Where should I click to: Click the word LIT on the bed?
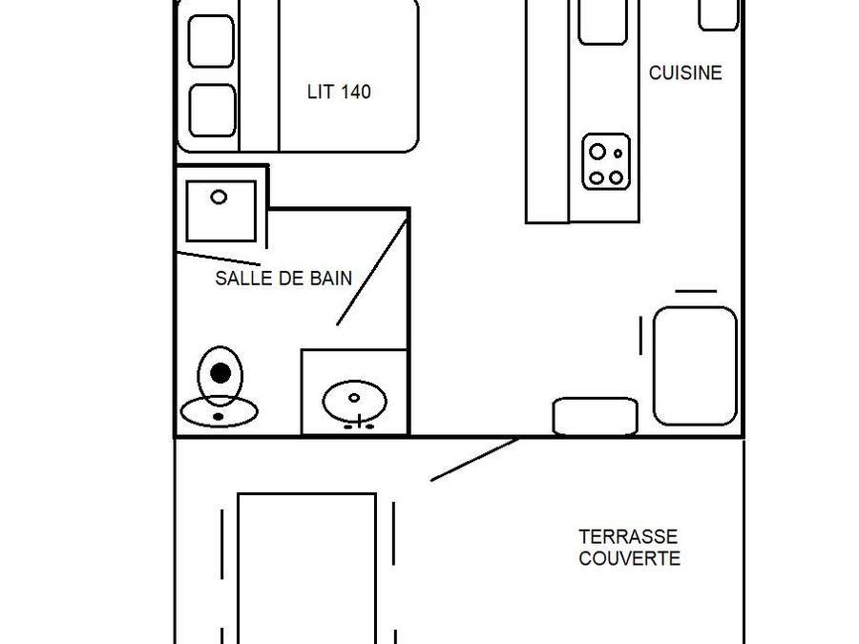tap(320, 93)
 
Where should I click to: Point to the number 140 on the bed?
tap(355, 93)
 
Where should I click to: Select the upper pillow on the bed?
tap(212, 41)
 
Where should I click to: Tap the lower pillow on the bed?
tap(212, 110)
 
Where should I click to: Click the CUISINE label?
tap(685, 73)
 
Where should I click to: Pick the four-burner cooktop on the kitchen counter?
tap(606, 163)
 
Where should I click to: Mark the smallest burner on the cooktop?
tap(618, 153)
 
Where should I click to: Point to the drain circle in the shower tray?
tap(219, 197)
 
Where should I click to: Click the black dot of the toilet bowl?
tap(220, 373)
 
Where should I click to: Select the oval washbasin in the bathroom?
tap(354, 401)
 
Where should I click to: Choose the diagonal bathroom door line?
tap(372, 273)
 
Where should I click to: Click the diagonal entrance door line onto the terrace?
tap(474, 460)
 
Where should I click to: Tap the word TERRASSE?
tap(628, 537)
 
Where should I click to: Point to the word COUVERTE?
tap(629, 559)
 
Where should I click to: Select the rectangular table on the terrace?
tap(306, 568)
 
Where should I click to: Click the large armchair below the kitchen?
tap(695, 365)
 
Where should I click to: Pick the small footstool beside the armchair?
tap(595, 416)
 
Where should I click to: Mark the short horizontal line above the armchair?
tap(696, 291)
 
